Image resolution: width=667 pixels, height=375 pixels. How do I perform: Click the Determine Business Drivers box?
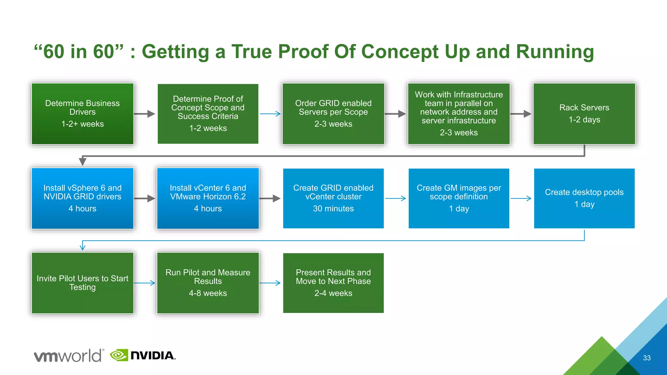coord(82,114)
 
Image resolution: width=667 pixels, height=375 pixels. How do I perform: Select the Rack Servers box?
coord(584,114)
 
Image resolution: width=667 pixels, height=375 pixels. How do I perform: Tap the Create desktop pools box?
coord(584,198)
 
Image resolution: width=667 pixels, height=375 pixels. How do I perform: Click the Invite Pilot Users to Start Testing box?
coord(82,283)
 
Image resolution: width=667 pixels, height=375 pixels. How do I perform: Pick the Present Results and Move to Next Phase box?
coord(333,283)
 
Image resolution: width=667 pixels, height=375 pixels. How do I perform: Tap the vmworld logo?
coord(69,355)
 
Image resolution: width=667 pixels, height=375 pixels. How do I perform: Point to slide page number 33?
coord(646,358)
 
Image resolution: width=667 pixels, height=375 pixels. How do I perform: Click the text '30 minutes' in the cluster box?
coord(333,209)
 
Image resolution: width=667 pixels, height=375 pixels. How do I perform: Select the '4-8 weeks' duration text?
coord(208,293)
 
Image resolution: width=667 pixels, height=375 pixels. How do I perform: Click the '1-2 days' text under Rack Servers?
coord(584,119)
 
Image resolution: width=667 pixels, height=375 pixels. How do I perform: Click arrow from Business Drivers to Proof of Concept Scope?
coord(145,114)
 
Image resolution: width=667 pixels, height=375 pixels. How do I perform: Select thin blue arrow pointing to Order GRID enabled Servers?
coord(270,114)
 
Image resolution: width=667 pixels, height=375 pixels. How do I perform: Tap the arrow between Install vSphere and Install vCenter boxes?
coord(145,198)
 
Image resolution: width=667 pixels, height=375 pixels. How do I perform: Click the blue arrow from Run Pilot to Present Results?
coord(270,283)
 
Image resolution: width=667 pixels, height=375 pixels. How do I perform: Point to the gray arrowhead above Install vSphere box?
coord(83,161)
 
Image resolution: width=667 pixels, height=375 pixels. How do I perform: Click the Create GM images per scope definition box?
coord(459,198)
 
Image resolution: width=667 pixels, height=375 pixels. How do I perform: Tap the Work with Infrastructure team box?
coord(459,114)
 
